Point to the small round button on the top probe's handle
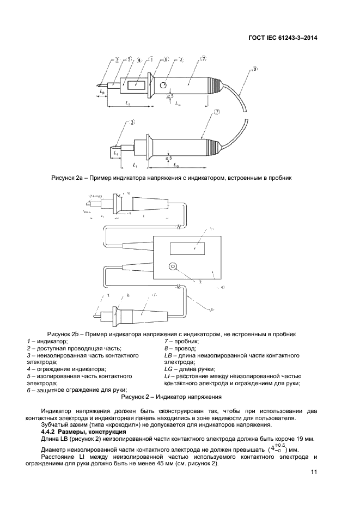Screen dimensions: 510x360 point(163,84)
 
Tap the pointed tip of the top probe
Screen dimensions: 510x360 point(98,85)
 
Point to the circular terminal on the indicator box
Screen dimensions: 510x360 point(173,268)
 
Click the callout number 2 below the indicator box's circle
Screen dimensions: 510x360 point(200,282)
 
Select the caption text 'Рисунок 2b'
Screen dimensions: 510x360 point(64,334)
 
